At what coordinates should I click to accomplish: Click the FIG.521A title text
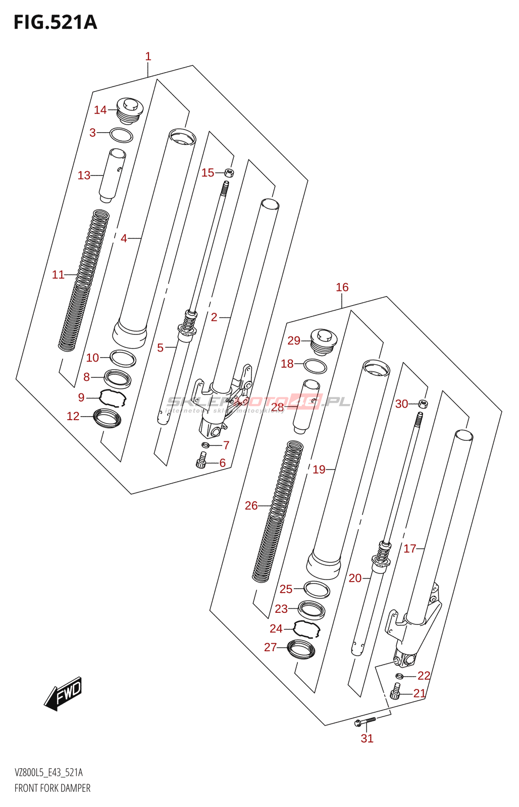click(55, 22)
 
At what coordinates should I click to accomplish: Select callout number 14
click(100, 110)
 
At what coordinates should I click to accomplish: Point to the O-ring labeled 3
click(121, 135)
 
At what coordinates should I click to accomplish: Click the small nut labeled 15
click(229, 173)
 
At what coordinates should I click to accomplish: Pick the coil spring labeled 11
click(84, 280)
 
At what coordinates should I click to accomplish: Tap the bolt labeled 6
click(201, 460)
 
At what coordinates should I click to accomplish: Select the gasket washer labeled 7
click(205, 445)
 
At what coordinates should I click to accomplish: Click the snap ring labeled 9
click(113, 397)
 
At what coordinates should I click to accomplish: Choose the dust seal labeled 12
click(108, 418)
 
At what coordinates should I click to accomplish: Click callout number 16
click(342, 287)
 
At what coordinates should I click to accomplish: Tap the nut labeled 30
click(423, 403)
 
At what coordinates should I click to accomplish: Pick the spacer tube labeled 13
click(113, 175)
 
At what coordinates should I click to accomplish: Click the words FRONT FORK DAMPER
click(53, 788)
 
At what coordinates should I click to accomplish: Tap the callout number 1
click(148, 56)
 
